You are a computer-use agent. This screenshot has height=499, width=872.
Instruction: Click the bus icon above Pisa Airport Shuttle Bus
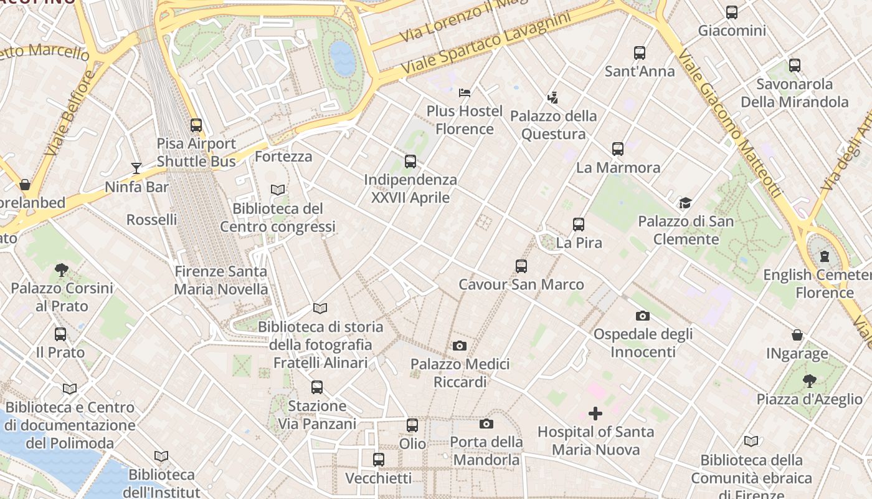pos(196,125)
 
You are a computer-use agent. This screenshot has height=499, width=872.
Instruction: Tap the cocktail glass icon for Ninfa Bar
pos(136,168)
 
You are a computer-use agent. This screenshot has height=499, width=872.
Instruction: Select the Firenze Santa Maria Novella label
pos(220,281)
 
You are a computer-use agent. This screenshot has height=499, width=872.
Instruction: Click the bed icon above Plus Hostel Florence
pos(464,93)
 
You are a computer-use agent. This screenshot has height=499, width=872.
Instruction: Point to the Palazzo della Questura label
pos(553,125)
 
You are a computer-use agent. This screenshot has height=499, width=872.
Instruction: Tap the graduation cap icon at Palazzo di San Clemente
pos(685,203)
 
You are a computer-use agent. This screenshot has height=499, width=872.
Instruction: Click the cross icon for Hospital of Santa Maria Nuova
pos(595,413)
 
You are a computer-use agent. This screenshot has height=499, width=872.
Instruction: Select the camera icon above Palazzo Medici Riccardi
pos(460,346)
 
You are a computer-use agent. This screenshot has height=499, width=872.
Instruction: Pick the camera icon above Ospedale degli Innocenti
pos(642,316)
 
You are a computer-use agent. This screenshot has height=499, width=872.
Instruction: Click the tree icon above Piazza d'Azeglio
pos(809,380)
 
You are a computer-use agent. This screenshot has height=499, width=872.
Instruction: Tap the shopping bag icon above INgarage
pos(797,335)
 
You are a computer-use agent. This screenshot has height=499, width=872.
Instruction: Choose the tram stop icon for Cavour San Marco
pos(521,266)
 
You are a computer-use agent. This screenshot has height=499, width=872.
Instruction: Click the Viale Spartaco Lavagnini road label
pos(486,42)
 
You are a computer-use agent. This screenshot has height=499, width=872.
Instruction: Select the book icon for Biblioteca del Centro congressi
pos(278,190)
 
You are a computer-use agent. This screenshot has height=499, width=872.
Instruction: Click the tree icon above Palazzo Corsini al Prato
pos(61,269)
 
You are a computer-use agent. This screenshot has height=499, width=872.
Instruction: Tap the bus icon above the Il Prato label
pos(60,334)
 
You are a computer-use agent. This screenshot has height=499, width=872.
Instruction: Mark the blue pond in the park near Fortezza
pos(342,58)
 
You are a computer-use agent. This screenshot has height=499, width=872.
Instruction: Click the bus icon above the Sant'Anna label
pos(640,53)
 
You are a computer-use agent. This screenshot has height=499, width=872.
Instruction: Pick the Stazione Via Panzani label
pos(317,415)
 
